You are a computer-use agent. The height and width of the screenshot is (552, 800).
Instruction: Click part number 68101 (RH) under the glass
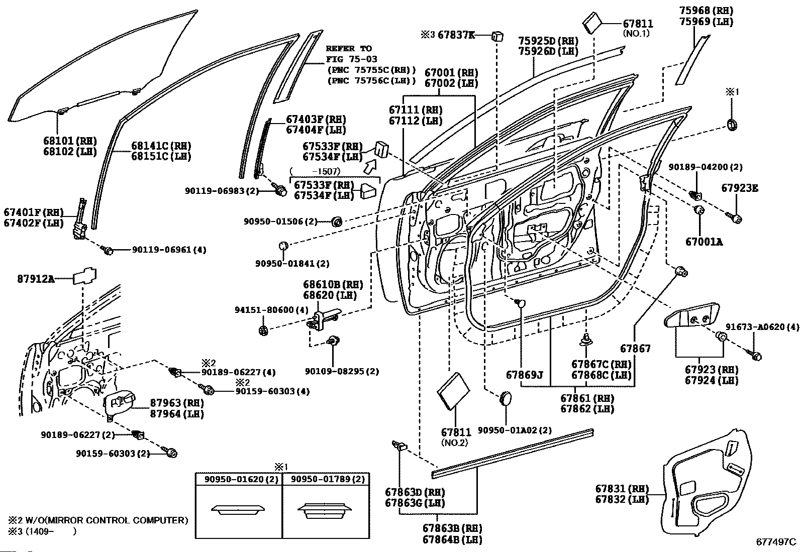[70, 141]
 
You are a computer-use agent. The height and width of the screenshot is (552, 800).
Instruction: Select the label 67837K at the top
[456, 35]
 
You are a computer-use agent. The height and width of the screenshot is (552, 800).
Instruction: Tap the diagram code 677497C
[776, 541]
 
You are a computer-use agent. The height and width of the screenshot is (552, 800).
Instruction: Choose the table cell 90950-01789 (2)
[328, 479]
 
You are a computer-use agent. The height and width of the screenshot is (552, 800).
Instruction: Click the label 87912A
[36, 278]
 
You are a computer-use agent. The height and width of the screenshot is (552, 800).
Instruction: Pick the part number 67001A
[704, 242]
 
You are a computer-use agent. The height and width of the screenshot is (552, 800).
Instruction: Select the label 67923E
[740, 188]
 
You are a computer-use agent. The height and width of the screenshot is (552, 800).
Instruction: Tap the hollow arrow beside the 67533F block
[371, 167]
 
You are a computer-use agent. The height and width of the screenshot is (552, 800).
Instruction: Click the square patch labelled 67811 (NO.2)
[453, 391]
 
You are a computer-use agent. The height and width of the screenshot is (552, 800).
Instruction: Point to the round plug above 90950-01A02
[506, 398]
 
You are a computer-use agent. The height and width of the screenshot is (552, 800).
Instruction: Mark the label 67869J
[524, 375]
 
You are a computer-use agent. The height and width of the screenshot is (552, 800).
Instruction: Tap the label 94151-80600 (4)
[271, 309]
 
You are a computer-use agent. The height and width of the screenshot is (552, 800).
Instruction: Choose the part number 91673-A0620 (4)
[762, 326]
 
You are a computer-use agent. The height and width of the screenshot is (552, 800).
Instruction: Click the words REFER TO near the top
[349, 49]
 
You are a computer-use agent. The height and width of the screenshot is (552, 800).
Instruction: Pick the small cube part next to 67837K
[497, 36]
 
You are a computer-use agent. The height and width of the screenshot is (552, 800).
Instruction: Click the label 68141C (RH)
[161, 146]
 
